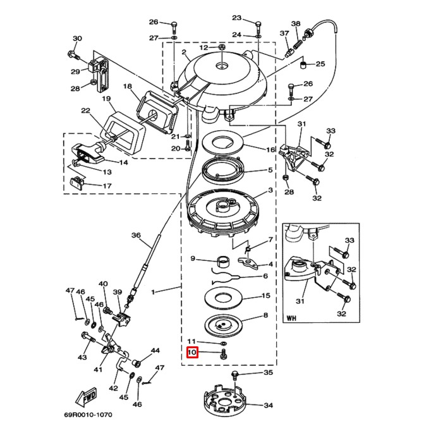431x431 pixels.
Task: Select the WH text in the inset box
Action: click(x=292, y=318)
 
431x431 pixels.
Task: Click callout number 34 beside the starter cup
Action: click(x=268, y=406)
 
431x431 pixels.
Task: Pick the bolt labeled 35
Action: click(x=236, y=376)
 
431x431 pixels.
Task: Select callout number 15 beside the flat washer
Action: click(x=266, y=296)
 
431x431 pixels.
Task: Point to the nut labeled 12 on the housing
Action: click(x=222, y=48)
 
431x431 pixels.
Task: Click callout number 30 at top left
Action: click(x=77, y=39)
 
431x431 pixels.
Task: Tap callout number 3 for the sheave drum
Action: click(x=270, y=190)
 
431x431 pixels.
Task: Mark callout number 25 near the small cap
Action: click(x=320, y=64)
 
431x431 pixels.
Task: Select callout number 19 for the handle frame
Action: click(x=106, y=99)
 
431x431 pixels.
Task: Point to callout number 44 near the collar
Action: click(x=155, y=350)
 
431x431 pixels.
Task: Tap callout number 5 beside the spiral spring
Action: click(x=270, y=170)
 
